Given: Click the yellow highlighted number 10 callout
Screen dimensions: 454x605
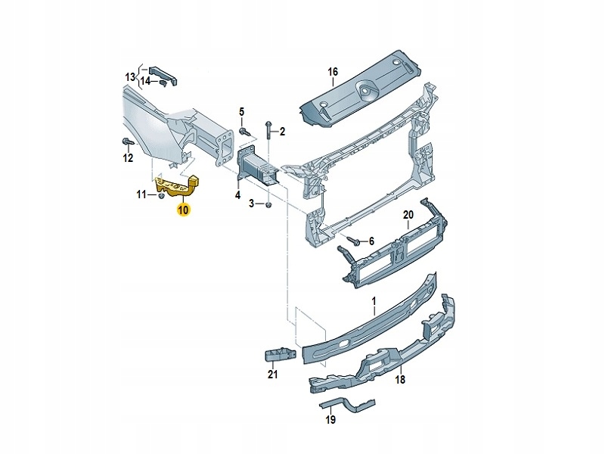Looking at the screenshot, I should (x=183, y=210).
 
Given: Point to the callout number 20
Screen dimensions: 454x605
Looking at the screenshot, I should (x=408, y=215).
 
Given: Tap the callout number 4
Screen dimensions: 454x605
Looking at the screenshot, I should (x=237, y=195).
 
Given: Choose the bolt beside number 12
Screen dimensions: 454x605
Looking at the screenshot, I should (x=127, y=142).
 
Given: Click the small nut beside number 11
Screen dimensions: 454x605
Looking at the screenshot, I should (x=161, y=195).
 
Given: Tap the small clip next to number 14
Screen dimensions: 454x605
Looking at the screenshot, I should (x=161, y=81).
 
